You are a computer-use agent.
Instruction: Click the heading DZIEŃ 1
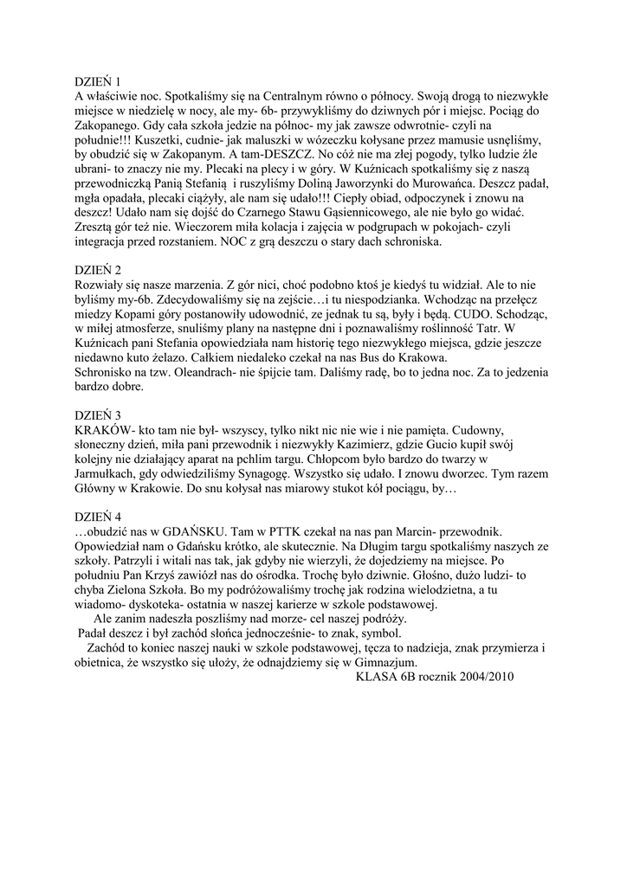coord(97,80)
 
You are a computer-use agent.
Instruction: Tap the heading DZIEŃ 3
coord(97,414)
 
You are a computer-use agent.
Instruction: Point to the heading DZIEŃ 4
coord(97,514)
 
